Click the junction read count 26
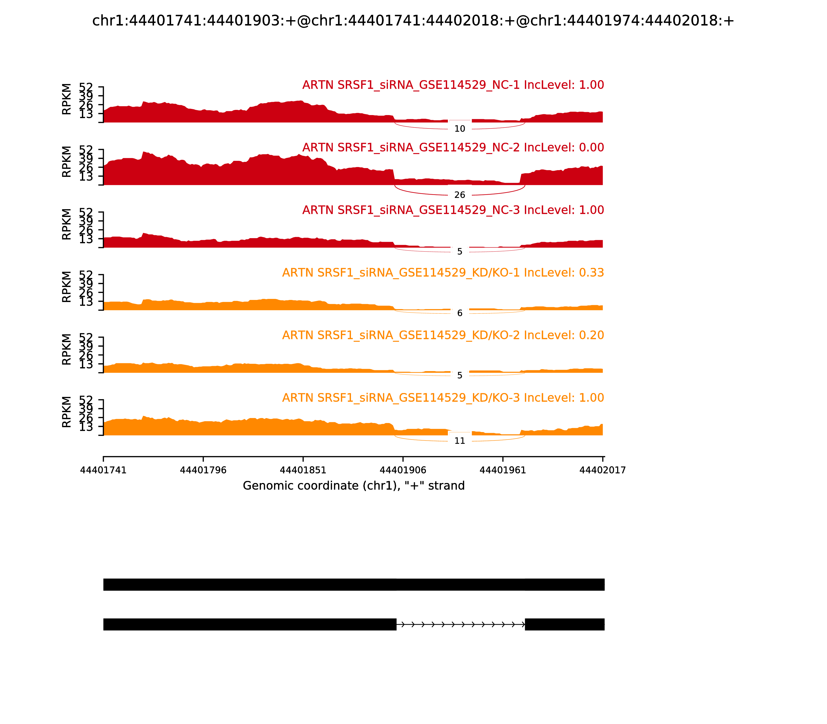click(460, 195)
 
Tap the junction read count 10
click(460, 129)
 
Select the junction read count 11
click(460, 441)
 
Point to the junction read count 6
click(460, 313)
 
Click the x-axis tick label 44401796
click(203, 470)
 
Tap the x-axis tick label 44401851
click(303, 470)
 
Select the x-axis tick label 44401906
click(403, 470)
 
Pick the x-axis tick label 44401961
click(503, 470)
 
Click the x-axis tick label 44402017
click(602, 470)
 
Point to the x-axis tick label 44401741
click(103, 470)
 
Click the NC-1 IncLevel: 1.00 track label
click(453, 85)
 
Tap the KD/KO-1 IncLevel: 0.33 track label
click(443, 273)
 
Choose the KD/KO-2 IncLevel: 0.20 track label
click(443, 335)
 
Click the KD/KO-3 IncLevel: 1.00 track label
click(443, 398)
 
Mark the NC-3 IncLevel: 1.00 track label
click(453, 210)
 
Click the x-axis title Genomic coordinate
click(354, 486)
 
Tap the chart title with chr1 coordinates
click(413, 21)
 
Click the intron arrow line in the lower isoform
click(460, 625)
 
